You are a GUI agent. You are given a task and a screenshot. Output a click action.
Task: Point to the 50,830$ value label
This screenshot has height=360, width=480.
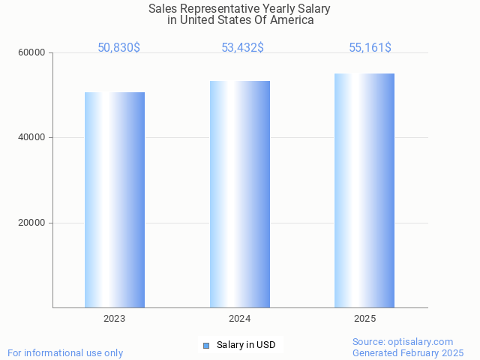click(118, 48)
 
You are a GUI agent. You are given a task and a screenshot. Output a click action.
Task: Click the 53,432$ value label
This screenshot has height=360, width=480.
click(242, 48)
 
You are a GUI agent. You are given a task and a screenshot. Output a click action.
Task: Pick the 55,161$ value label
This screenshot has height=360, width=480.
click(370, 48)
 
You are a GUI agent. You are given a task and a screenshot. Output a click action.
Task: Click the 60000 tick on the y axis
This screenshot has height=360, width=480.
click(32, 52)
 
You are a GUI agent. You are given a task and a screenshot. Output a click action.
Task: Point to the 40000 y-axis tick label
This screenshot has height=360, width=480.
click(32, 137)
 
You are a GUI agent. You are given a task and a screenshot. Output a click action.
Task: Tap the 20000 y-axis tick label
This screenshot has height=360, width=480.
click(32, 223)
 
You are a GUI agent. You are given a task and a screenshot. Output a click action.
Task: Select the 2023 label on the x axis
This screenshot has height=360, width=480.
click(115, 319)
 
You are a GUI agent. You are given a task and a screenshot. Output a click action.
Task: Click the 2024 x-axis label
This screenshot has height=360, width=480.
click(240, 319)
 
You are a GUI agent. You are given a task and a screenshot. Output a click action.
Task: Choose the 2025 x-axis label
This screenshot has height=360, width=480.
click(364, 319)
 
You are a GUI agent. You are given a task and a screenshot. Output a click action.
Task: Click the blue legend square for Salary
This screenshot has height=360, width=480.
click(206, 345)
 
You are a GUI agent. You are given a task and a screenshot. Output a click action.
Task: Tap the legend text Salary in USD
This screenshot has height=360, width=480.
click(246, 345)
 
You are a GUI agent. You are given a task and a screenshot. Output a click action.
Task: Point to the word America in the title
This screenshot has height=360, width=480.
click(291, 20)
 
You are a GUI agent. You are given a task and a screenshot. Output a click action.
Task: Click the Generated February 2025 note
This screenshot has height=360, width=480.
click(408, 352)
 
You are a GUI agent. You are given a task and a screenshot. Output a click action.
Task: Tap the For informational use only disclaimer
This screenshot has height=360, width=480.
click(65, 352)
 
